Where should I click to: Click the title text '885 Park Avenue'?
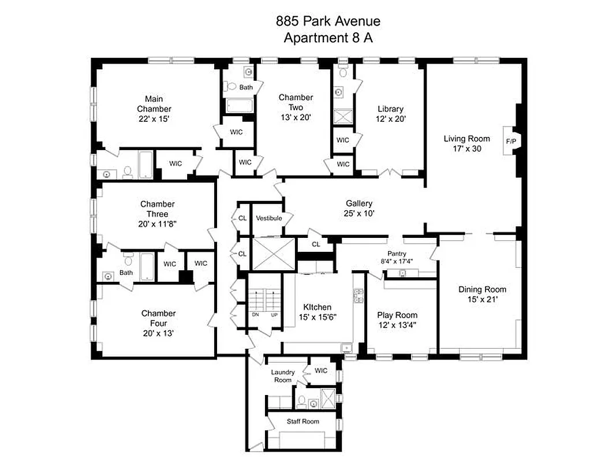(x=327, y=22)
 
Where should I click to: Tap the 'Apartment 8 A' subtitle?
(x=327, y=38)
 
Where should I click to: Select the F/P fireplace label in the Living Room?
(x=511, y=141)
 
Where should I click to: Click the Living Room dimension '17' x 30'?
(x=466, y=148)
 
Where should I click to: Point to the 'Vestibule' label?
(x=268, y=218)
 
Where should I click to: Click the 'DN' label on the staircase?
(x=255, y=315)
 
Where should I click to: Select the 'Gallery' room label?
(x=359, y=203)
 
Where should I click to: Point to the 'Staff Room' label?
(x=303, y=421)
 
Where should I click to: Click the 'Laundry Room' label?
(x=282, y=376)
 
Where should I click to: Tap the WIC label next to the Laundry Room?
(x=321, y=370)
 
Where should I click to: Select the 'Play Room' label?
(x=397, y=315)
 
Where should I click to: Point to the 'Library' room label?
(x=390, y=109)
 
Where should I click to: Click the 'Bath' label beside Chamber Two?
(x=247, y=88)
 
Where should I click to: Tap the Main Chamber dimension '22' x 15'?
(x=154, y=119)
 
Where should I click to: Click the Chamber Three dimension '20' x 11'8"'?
(x=157, y=224)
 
